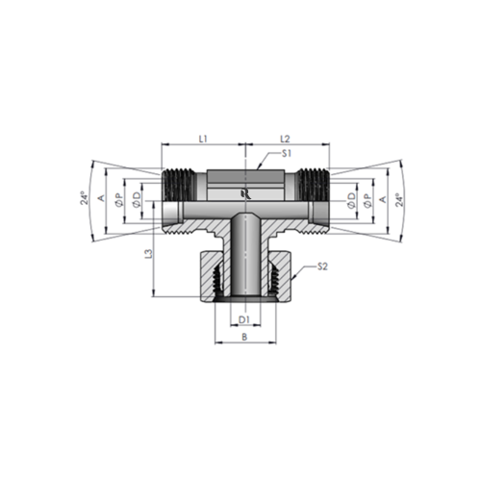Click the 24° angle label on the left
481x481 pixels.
(x=85, y=199)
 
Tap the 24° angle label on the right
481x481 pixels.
(x=405, y=199)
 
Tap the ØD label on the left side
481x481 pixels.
(x=138, y=199)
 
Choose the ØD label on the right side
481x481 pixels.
(x=351, y=199)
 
